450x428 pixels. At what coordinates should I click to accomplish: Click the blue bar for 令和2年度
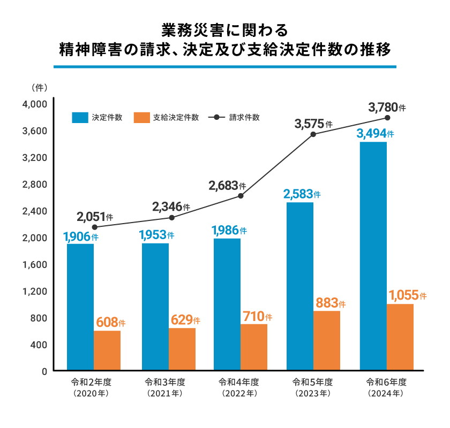click(80, 307)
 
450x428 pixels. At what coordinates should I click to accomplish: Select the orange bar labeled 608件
click(107, 350)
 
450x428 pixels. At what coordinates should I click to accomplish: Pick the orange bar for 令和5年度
click(327, 340)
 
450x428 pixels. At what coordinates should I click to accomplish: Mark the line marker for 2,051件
click(95, 227)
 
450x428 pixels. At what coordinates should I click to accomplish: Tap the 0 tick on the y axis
click(44, 371)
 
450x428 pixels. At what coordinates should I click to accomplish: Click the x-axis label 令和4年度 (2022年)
click(239, 388)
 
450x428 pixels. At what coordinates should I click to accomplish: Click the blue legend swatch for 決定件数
click(80, 118)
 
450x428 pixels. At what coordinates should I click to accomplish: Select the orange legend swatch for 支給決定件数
click(141, 118)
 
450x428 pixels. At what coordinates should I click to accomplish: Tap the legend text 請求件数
click(244, 118)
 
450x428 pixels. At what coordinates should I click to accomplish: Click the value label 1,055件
click(408, 295)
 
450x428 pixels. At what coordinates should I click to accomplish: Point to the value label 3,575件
click(313, 124)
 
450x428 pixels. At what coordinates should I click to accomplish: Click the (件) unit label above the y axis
click(40, 87)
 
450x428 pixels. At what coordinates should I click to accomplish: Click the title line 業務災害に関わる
click(224, 28)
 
